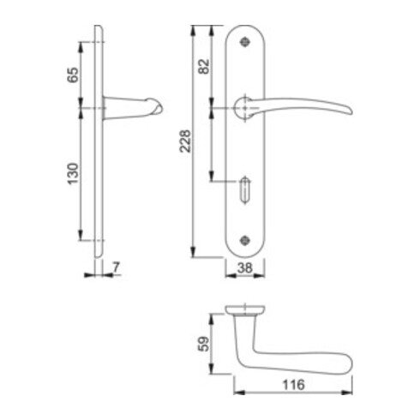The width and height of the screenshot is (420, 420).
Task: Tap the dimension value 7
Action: coord(116,268)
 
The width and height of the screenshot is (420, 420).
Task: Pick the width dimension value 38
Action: coord(244,268)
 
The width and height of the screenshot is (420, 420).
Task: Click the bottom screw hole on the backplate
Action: coord(247,240)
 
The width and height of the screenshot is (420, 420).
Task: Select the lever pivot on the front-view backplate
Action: coord(244,106)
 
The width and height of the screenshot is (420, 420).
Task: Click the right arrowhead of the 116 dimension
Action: coord(350,394)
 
